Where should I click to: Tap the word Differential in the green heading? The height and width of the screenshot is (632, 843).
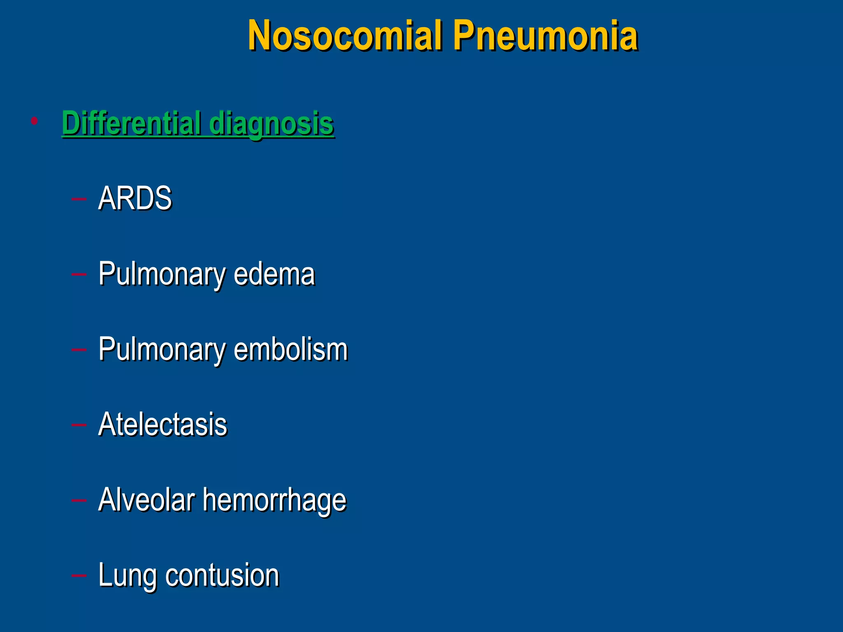131,123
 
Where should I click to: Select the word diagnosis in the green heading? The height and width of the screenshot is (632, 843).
271,123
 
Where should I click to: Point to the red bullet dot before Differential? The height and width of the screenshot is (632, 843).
34,121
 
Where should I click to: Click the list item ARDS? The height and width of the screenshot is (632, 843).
135,198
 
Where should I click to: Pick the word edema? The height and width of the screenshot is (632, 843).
274,274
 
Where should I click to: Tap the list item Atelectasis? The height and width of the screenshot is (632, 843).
163,425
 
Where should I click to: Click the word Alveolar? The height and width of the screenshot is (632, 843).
147,500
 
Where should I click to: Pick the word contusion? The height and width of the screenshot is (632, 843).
222,575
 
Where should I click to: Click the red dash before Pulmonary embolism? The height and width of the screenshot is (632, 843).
79,350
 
